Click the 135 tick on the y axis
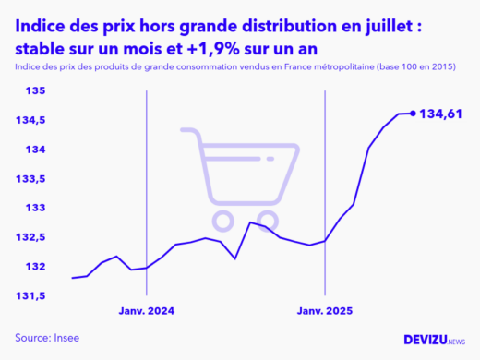tap(35, 90)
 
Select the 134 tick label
tap(35, 150)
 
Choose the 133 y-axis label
tap(35, 208)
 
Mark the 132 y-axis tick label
tap(35, 267)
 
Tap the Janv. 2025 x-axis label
tap(324, 311)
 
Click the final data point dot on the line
tap(413, 114)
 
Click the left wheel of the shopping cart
tap(222, 220)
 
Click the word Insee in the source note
tap(68, 338)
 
